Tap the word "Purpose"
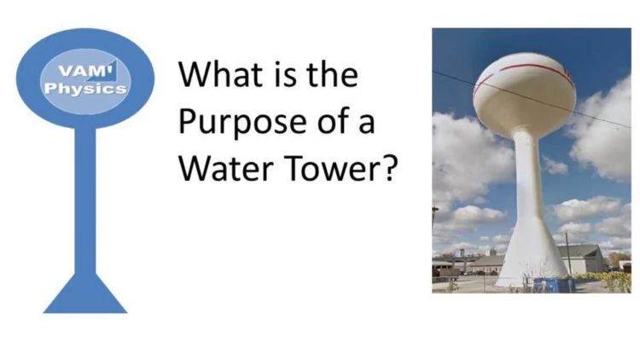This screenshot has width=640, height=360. (243, 121)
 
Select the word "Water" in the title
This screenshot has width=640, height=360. (226, 168)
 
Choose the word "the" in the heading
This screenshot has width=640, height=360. (332, 74)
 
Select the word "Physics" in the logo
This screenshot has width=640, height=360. (85, 89)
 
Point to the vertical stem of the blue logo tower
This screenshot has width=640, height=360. (85, 200)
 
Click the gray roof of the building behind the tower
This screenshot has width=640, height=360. (580, 251)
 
